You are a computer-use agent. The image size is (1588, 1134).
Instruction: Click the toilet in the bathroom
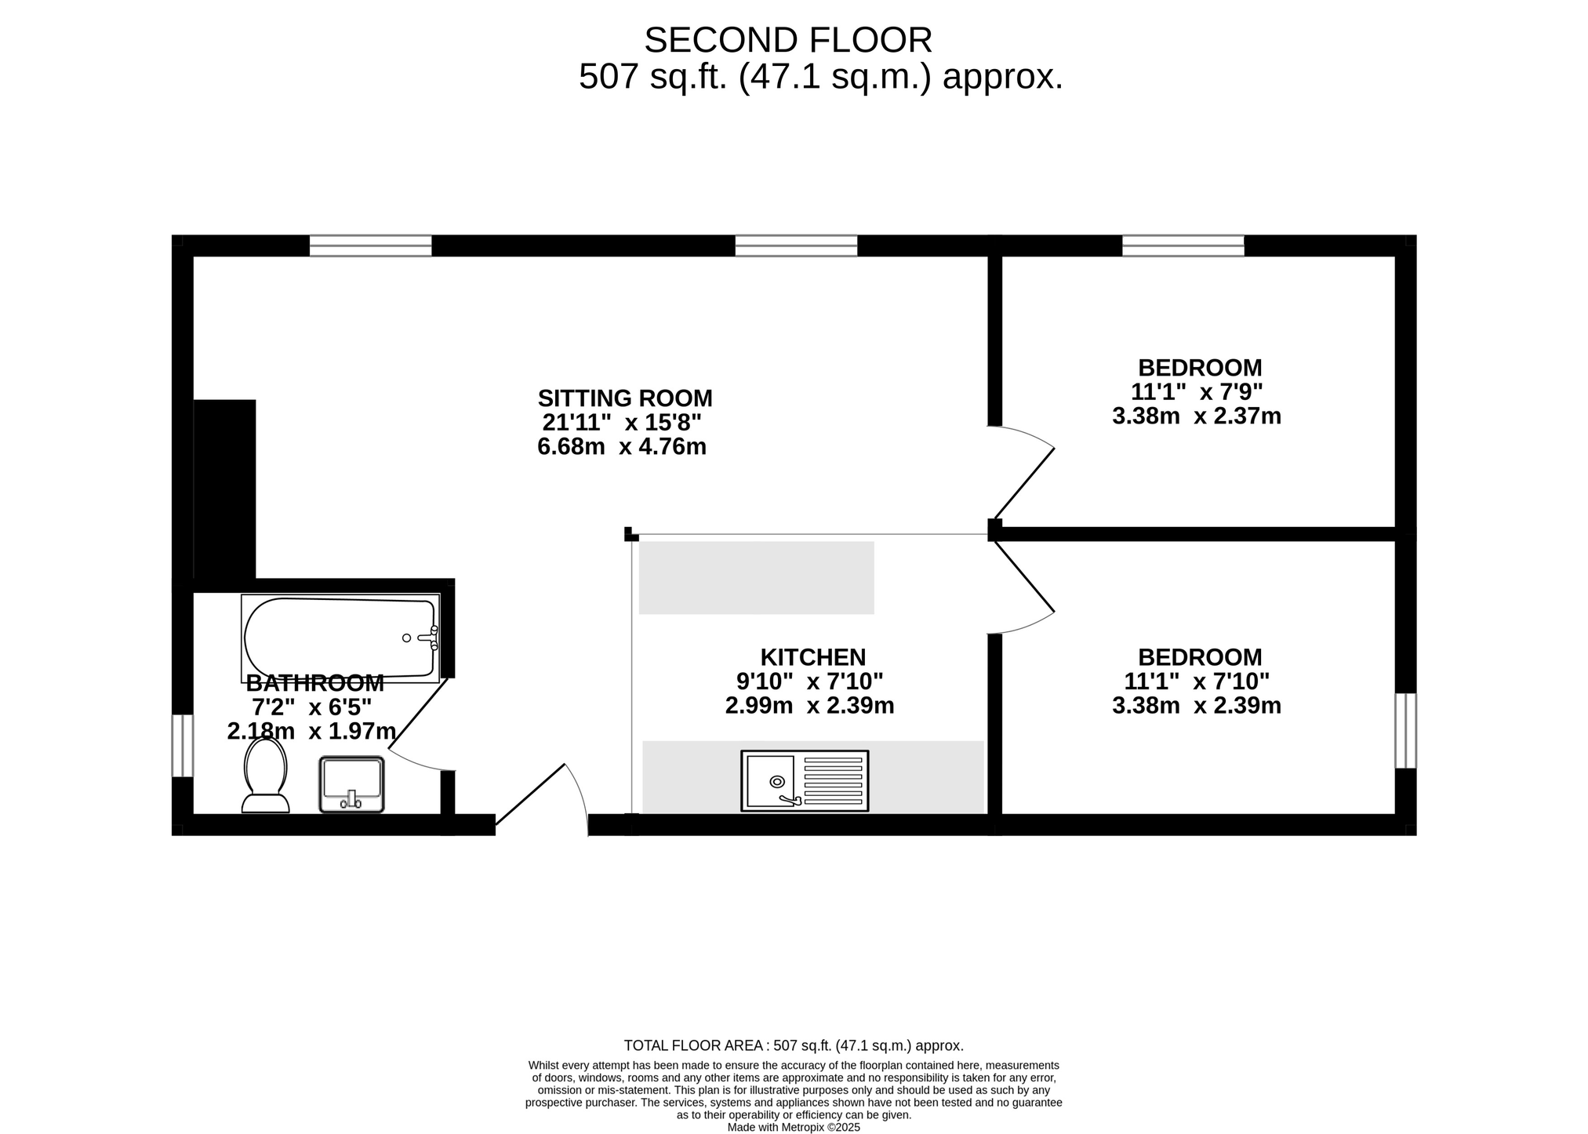point(265,775)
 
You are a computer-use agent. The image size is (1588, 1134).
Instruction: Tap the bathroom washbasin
point(351,784)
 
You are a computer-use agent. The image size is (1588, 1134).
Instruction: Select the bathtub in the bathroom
point(340,638)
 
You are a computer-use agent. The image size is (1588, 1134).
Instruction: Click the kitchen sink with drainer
point(805,780)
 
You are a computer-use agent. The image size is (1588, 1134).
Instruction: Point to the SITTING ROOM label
point(625,398)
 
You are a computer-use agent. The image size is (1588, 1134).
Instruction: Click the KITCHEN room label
point(813,657)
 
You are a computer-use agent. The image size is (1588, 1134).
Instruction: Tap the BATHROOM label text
point(315,683)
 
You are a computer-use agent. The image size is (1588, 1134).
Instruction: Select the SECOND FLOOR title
point(788,40)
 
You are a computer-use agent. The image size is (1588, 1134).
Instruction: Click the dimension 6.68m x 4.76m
point(622,447)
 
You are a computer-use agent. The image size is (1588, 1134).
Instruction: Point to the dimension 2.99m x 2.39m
point(810,706)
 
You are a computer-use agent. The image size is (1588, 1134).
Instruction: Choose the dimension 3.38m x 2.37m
point(1197,416)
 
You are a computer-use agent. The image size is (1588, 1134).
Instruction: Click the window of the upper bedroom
point(1183,245)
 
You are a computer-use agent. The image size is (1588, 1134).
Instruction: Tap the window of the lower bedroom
point(1406,731)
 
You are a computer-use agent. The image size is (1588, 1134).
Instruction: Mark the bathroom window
point(183,745)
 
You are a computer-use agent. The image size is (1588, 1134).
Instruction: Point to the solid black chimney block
point(224,489)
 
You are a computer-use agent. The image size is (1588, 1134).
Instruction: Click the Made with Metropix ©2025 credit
point(794,1128)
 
